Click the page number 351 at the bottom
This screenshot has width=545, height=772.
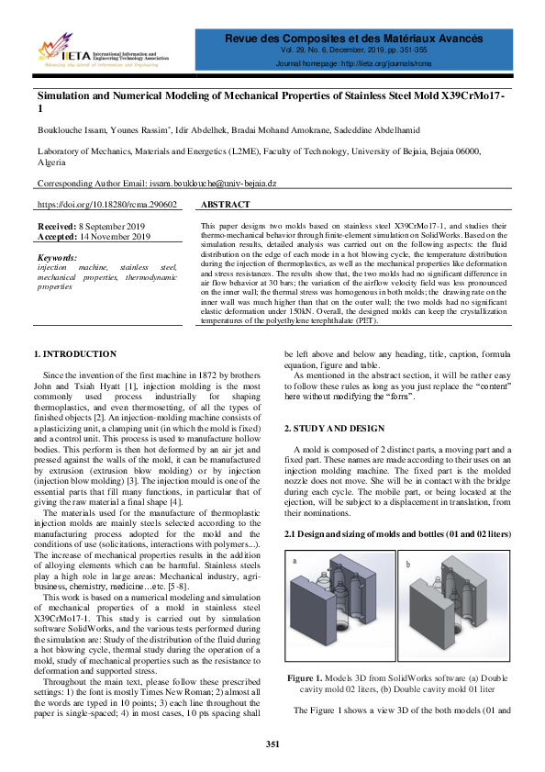[x=272, y=744]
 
